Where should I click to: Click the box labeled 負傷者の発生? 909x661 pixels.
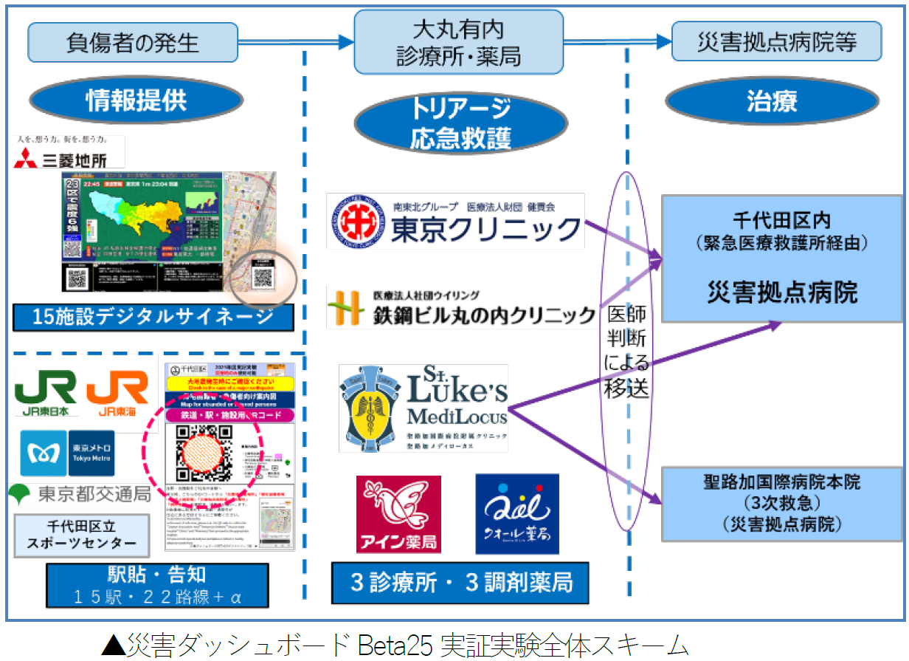[x=132, y=41]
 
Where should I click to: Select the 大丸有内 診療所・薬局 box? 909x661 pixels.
[x=458, y=42]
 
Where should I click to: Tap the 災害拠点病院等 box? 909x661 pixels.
[x=776, y=41]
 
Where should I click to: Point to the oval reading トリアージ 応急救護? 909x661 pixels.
[x=460, y=122]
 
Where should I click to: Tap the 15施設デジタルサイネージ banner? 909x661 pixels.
[x=153, y=318]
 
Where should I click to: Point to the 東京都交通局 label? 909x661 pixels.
[x=80, y=493]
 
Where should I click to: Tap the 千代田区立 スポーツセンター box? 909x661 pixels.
[x=82, y=535]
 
